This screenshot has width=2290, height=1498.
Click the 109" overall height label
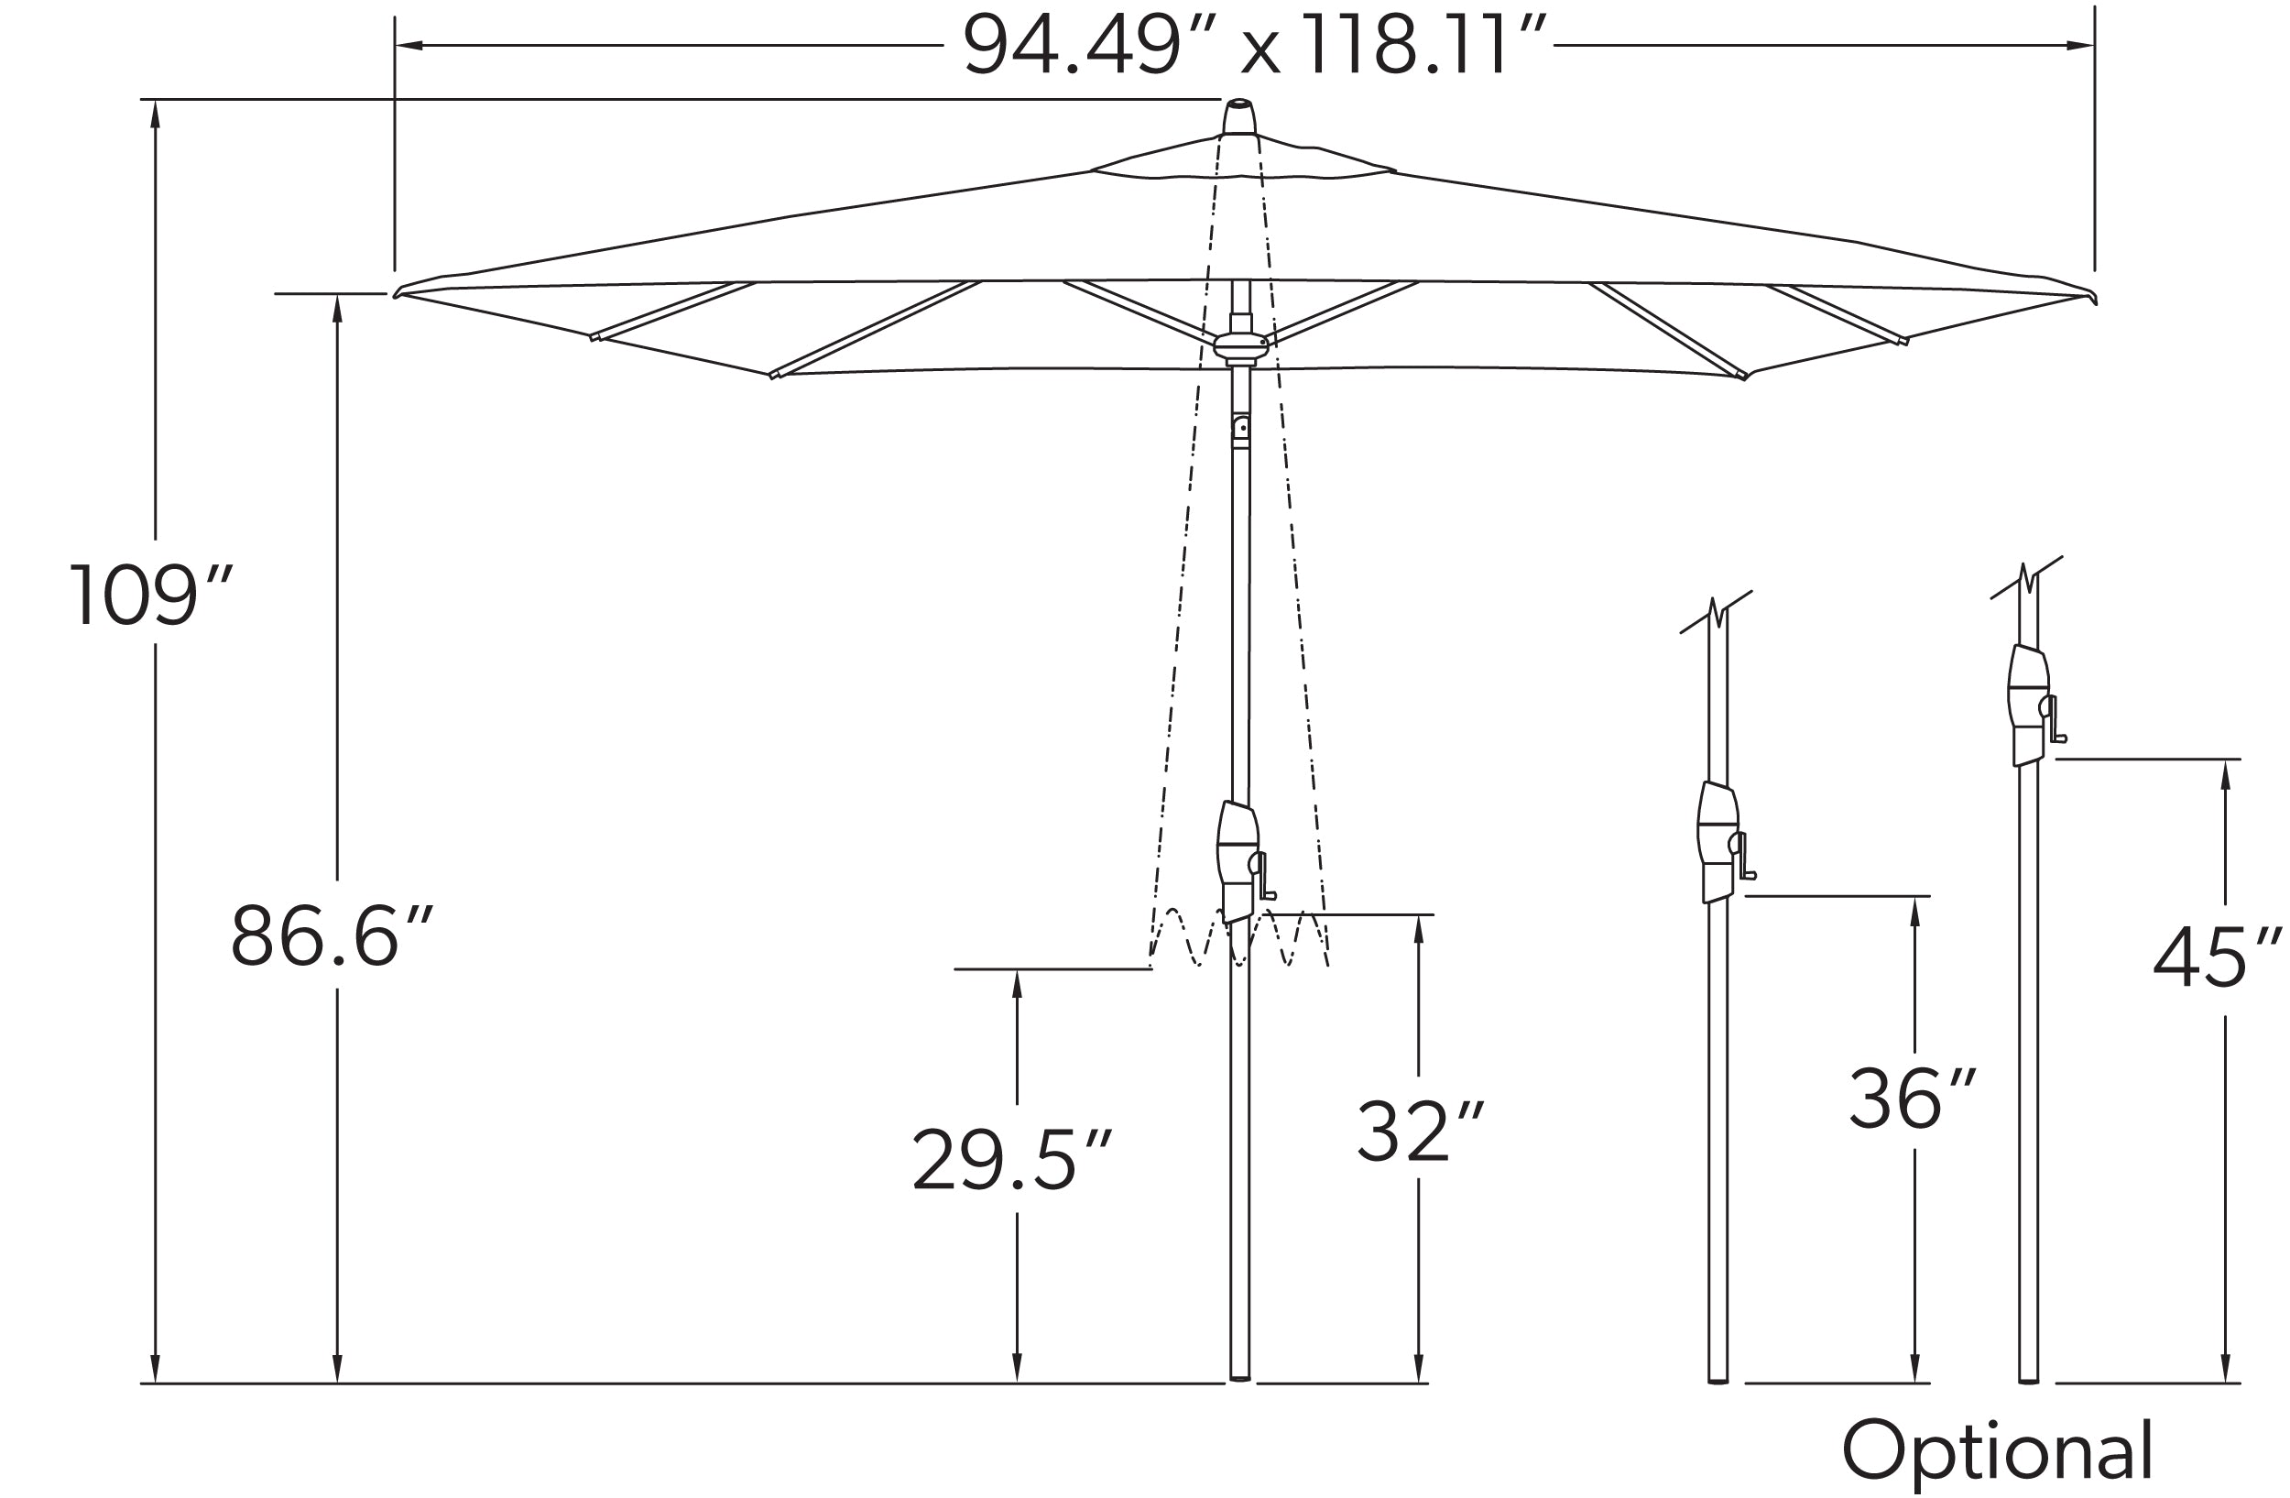(x=149, y=596)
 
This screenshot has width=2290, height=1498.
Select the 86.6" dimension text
(x=330, y=935)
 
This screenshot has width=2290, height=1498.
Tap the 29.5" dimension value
(x=1010, y=1159)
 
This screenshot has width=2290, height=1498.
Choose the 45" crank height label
(x=2216, y=957)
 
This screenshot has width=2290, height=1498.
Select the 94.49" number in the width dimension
(x=1071, y=46)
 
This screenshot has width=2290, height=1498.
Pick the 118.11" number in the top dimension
(x=1423, y=46)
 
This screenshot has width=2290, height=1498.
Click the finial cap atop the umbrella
(x=1239, y=117)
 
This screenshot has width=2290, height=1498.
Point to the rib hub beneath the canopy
(x=1241, y=346)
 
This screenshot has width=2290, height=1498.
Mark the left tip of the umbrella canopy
(x=398, y=293)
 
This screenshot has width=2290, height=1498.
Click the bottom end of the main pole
(x=1240, y=1378)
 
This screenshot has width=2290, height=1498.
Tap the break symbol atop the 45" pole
(x=2026, y=579)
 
